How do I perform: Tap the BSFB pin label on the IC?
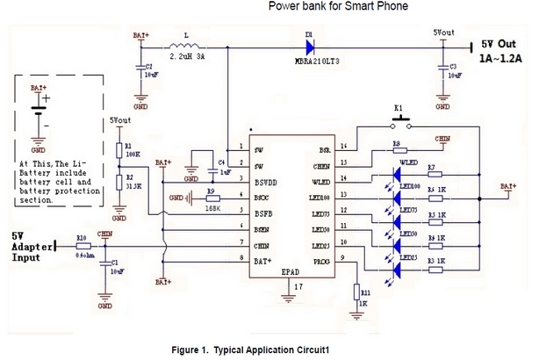[x=262, y=212]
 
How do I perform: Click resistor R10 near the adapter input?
[x=83, y=247]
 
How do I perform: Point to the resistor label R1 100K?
[x=134, y=150]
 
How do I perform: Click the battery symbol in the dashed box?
[x=37, y=112]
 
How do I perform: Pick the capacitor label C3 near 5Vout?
[x=453, y=67]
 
